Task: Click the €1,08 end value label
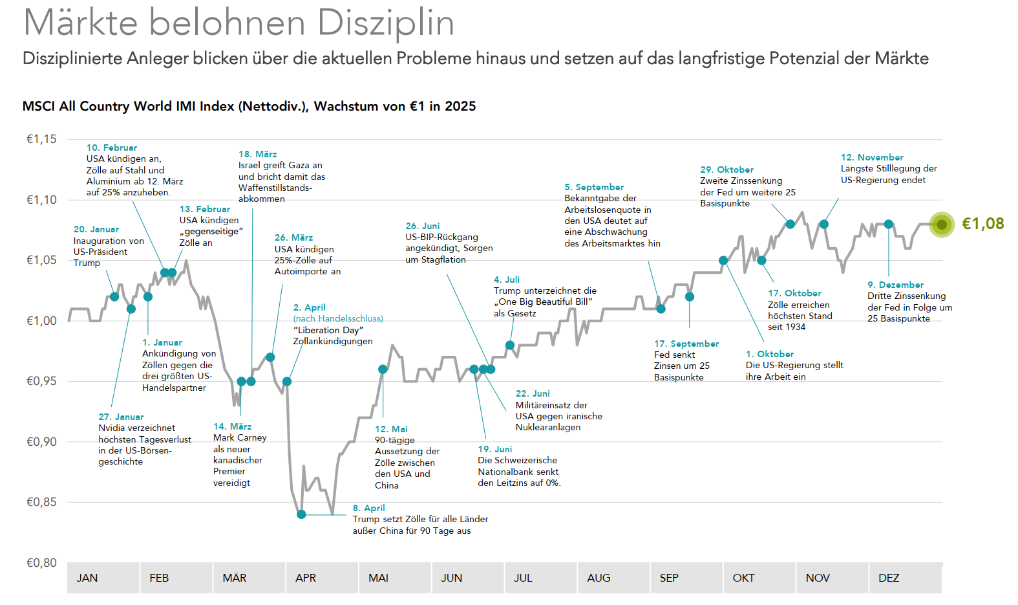tap(982, 224)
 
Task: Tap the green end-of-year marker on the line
tap(942, 225)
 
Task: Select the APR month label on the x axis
tap(306, 578)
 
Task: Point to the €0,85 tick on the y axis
tap(41, 502)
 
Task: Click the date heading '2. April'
tap(309, 307)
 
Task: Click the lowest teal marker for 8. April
tap(301, 514)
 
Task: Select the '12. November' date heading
tap(872, 157)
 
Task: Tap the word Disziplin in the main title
tap(386, 23)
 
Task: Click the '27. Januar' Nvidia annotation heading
tap(121, 417)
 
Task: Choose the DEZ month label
tap(889, 578)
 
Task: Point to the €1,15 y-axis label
tap(41, 139)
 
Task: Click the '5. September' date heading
tap(594, 187)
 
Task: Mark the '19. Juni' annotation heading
tap(494, 449)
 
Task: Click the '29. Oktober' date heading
tap(726, 170)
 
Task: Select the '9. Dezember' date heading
tap(895, 285)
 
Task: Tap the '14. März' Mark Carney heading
tap(232, 426)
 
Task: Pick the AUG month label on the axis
tap(599, 578)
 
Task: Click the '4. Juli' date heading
tap(506, 280)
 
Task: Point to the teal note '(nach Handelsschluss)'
tap(338, 318)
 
